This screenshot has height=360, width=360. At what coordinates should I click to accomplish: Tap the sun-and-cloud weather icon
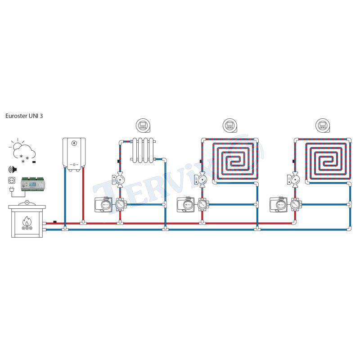click(20, 147)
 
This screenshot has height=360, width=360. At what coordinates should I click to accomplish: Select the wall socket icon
click(12, 180)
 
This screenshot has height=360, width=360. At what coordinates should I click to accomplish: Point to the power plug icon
click(12, 191)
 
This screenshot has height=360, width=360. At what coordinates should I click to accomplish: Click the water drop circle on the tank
click(74, 144)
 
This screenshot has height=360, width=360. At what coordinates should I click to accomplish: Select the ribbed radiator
click(144, 150)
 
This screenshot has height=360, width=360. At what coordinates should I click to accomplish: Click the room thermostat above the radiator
click(143, 125)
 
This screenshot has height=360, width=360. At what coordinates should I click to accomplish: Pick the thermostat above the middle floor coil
click(229, 125)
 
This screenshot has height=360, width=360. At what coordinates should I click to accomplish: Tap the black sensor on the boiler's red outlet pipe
click(55, 221)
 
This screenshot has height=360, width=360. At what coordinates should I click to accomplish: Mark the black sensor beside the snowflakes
click(34, 161)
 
